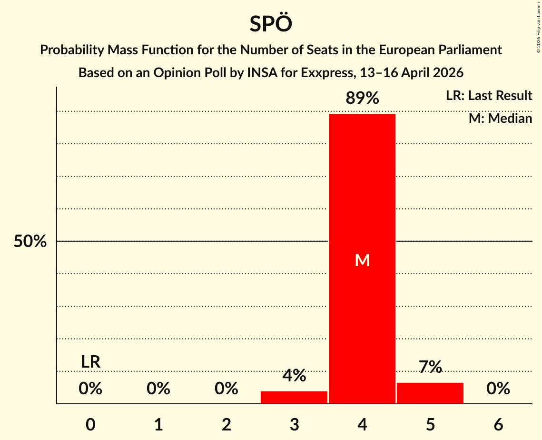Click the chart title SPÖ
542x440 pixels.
270,24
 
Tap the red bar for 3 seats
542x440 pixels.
294,397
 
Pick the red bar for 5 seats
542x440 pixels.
430,393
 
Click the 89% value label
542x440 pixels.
362,99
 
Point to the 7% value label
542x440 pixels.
430,367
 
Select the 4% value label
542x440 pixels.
294,376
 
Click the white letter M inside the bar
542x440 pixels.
362,260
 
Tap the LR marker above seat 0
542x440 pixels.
90,362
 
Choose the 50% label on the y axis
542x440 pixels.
30,241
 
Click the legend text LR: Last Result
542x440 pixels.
489,96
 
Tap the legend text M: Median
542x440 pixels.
500,118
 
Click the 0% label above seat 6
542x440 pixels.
498,389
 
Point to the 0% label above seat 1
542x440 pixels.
158,389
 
